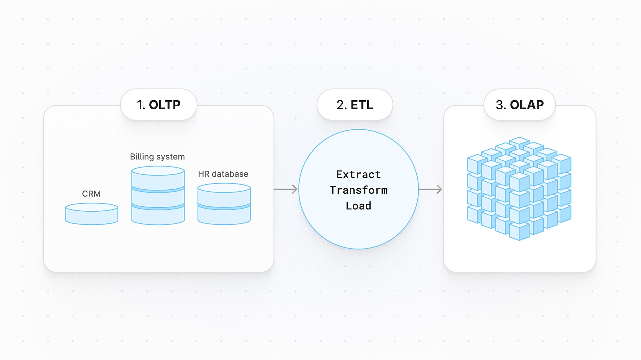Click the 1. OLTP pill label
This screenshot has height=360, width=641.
point(159,105)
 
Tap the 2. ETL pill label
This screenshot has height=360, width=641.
point(355,105)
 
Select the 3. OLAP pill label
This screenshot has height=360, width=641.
point(520,105)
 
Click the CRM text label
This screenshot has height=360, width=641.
point(91,194)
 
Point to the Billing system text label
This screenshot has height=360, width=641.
point(157,157)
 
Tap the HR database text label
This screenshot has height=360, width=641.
point(223,174)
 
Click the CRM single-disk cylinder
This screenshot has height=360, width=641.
point(92,214)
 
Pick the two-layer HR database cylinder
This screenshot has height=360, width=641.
point(224,204)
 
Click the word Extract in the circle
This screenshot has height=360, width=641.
point(358,175)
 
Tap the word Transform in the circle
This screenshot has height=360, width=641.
point(358,190)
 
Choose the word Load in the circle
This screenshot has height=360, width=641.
point(358,206)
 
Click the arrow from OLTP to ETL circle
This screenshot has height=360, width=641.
point(286,189)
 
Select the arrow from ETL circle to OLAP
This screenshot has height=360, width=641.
point(430,189)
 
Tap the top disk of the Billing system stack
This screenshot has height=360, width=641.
point(158,178)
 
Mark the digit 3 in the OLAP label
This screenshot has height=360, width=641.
point(500,105)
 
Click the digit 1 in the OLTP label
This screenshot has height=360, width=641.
point(140,105)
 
